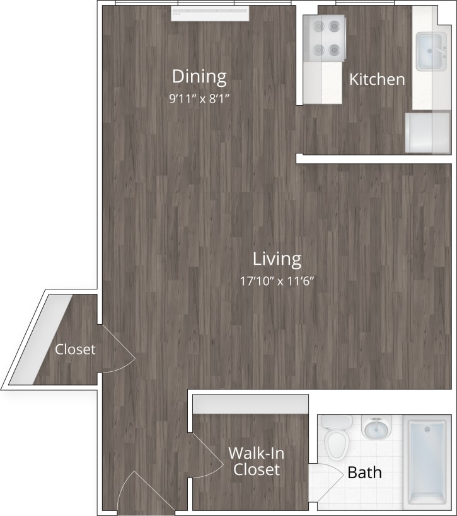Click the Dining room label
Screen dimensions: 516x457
pos(199,77)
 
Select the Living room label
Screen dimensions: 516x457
pos(277,259)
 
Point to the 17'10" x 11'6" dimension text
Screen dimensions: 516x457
pos(277,281)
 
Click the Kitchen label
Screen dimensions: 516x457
pos(377,79)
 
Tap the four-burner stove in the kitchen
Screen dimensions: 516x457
pos(323,38)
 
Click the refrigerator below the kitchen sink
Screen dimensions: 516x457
pos(427,133)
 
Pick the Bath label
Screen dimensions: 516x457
pos(364,472)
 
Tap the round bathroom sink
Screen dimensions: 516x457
pos(377,429)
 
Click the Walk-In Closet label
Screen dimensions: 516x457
pos(254,461)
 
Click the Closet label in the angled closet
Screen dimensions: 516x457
pos(75,349)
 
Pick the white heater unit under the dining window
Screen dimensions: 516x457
pos(210,13)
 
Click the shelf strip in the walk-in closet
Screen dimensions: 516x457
pos(250,405)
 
